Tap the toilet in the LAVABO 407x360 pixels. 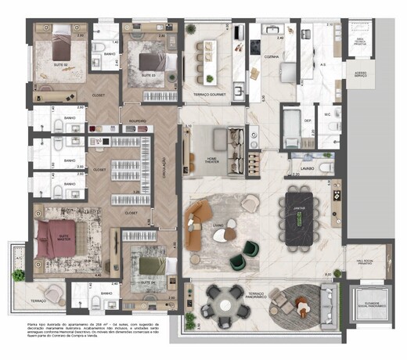(324, 167)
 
